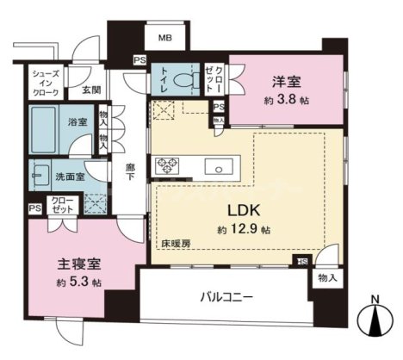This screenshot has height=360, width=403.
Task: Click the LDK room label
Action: pos(244,210)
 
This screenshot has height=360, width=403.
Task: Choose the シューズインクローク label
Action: pos(45,82)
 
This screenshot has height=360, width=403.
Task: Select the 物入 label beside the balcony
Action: pos(328,277)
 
